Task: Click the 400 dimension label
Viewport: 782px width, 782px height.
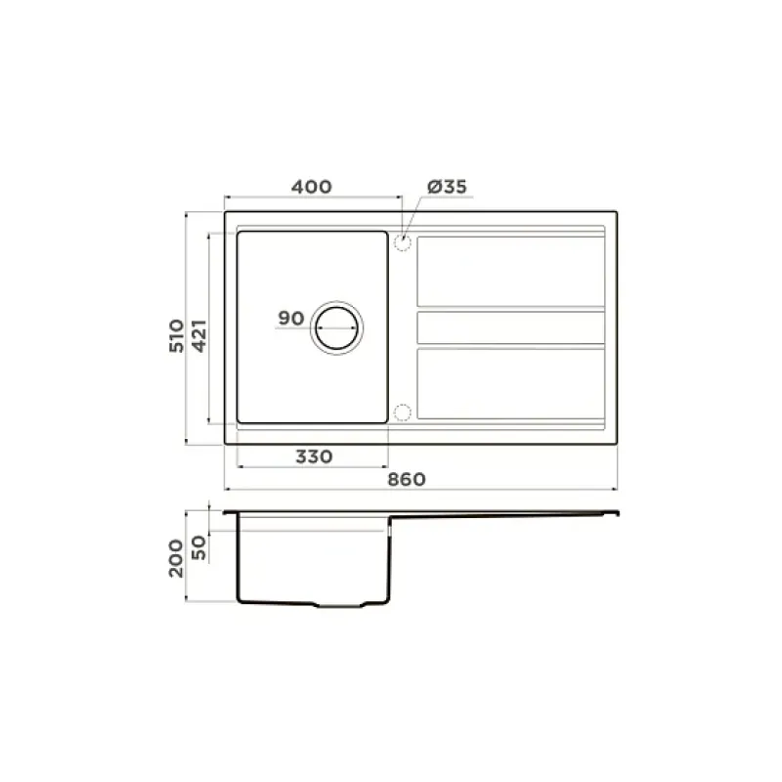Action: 311,187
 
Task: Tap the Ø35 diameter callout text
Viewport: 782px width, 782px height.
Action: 447,187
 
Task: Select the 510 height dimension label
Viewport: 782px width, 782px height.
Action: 177,336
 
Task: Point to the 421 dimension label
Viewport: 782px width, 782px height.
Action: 199,336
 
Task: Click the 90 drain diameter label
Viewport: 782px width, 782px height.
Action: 290,319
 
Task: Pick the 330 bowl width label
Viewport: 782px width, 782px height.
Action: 314,456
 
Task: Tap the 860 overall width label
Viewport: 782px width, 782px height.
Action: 407,480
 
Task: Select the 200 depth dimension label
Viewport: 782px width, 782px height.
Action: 177,558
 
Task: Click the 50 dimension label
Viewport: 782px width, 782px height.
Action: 198,547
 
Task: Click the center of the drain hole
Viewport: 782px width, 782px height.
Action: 336,328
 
